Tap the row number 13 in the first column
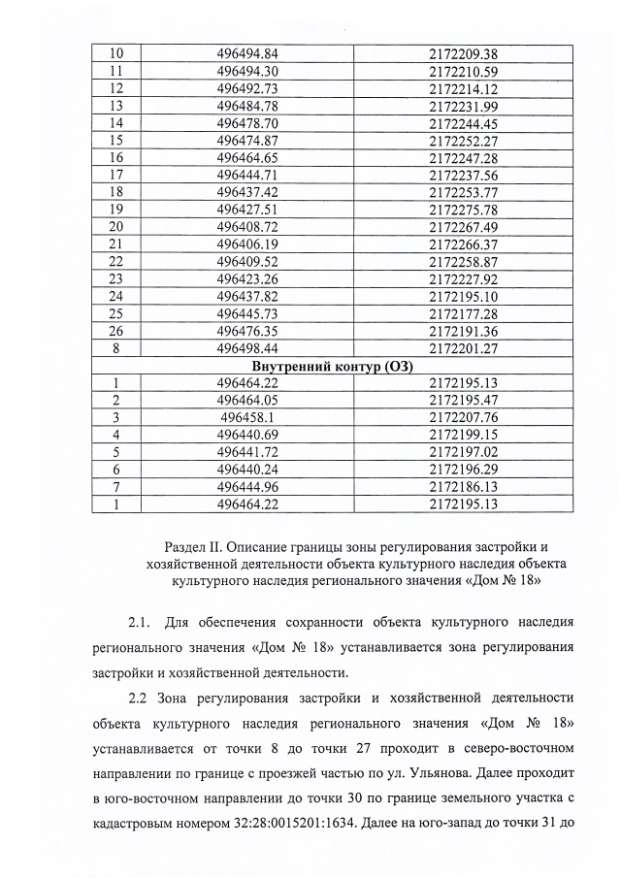pyautogui.click(x=116, y=105)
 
